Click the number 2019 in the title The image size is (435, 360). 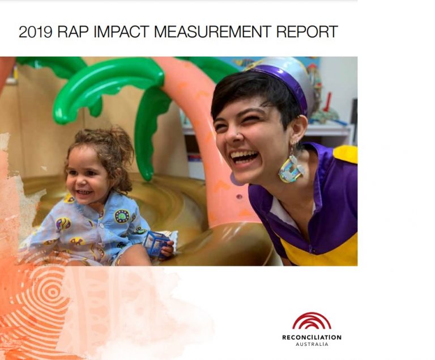(35, 32)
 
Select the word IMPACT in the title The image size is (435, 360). (121, 32)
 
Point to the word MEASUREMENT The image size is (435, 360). (212, 32)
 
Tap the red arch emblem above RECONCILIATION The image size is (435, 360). (312, 321)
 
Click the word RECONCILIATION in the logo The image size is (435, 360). (312, 337)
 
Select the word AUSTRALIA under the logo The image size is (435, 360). (312, 344)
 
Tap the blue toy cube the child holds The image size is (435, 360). (156, 242)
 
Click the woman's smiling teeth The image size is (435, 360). (245, 155)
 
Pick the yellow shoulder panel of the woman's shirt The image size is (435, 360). (346, 154)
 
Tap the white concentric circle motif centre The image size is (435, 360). (52, 292)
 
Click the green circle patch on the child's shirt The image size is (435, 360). (122, 216)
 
